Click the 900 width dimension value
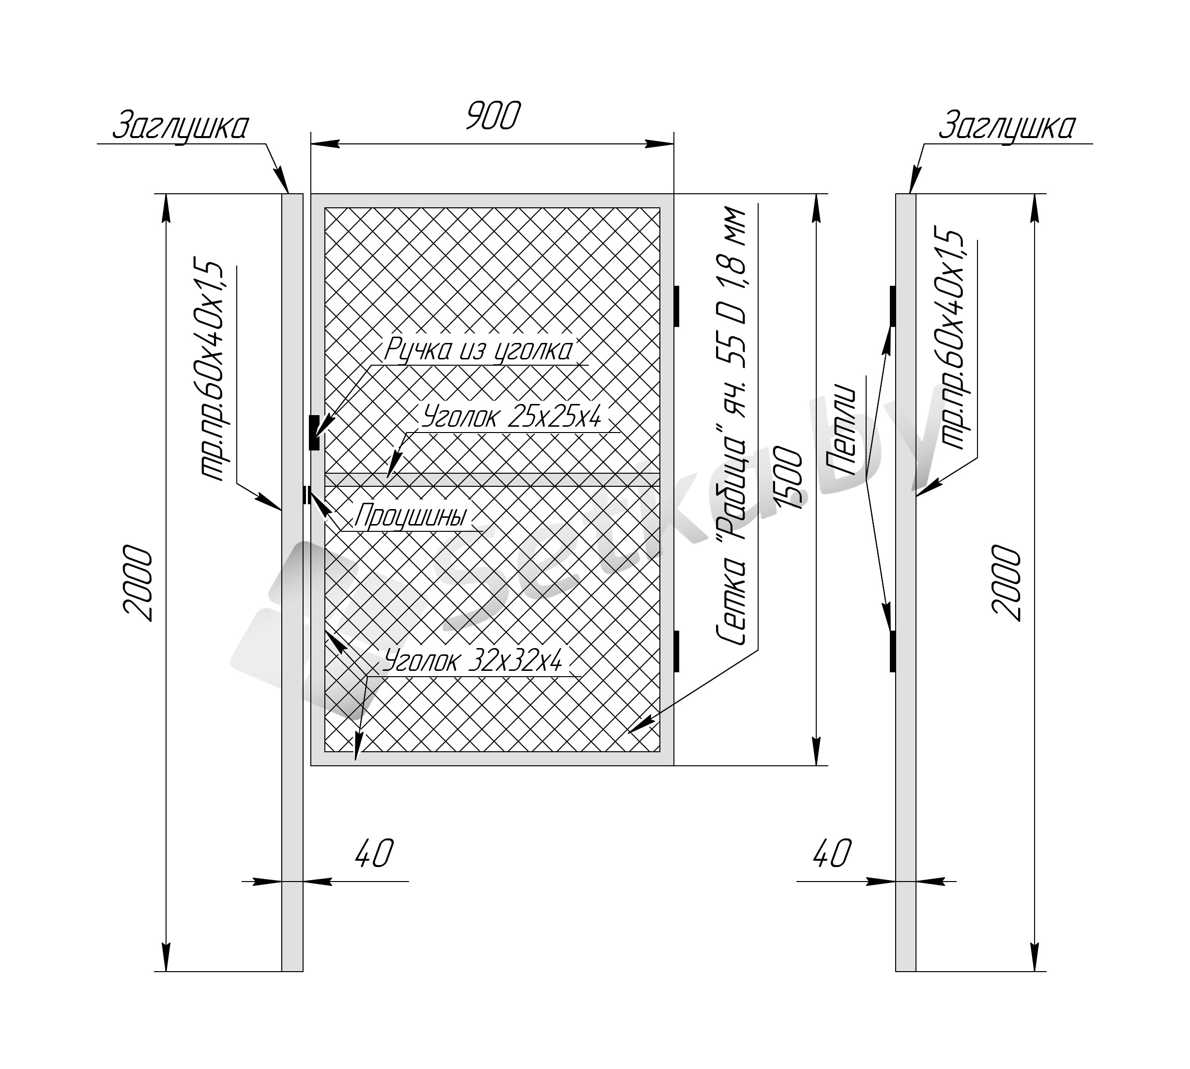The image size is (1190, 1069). (493, 116)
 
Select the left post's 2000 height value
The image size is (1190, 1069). (138, 583)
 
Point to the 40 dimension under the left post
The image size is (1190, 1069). (373, 853)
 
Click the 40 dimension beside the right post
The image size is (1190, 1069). (832, 853)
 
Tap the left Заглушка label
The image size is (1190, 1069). (180, 126)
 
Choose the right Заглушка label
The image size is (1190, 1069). (1007, 126)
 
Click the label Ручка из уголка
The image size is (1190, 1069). (478, 350)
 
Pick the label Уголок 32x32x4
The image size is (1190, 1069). (473, 661)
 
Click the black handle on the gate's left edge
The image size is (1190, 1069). (314, 433)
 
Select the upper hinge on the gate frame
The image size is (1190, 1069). (676, 306)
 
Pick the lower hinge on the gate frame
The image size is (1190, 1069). (676, 651)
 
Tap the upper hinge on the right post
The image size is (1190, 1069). (893, 306)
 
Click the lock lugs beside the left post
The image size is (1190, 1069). (306, 495)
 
